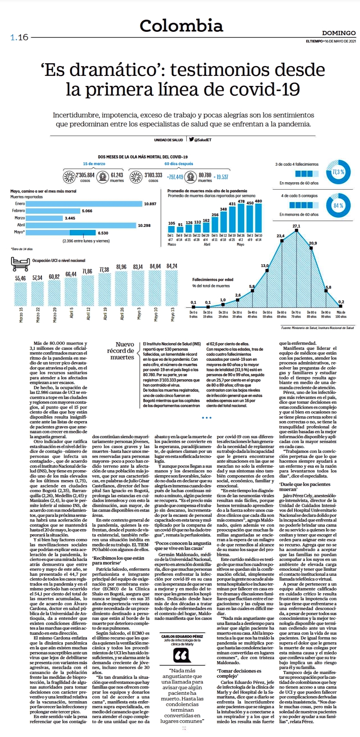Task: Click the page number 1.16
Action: click(x=19, y=37)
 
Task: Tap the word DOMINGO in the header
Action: click(x=339, y=33)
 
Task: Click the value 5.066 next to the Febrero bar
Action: click(x=87, y=211)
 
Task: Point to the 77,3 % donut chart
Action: click(x=338, y=172)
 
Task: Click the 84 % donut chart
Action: click(x=338, y=206)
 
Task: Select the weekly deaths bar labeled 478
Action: click(x=241, y=218)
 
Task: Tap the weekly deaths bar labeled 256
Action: click(x=215, y=225)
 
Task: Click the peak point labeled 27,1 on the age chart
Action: click(x=296, y=231)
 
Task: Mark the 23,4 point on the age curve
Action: click(x=282, y=241)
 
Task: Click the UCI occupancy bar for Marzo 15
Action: click(x=20, y=294)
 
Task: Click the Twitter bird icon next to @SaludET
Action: click(x=191, y=139)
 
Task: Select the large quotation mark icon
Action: click(x=182, y=656)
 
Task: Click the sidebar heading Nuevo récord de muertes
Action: click(x=121, y=351)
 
